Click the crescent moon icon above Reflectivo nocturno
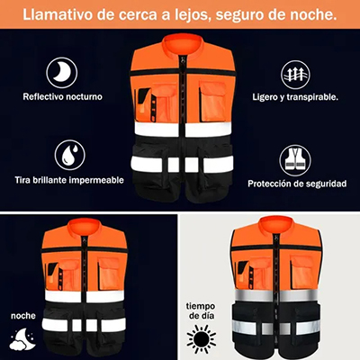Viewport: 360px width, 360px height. click(x=62, y=73)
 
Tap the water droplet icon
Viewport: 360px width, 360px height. click(x=70, y=155)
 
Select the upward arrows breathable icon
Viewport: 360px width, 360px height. click(x=295, y=75)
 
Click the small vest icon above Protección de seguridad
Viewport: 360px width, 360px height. click(x=295, y=160)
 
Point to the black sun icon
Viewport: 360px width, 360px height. click(x=202, y=338)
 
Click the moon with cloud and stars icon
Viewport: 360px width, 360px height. click(x=22, y=339)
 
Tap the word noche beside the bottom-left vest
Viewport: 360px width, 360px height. click(x=23, y=316)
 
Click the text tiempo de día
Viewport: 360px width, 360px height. click(x=201, y=311)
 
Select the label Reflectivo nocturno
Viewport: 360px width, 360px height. click(x=62, y=97)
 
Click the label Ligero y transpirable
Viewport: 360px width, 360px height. click(x=295, y=97)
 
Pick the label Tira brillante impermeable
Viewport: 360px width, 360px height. click(x=69, y=180)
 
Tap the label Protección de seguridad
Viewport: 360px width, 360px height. click(x=297, y=184)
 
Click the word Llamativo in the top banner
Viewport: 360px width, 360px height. click(x=59, y=14)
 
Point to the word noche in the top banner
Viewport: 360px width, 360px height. click(x=311, y=15)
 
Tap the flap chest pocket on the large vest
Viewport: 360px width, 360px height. click(x=213, y=101)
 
